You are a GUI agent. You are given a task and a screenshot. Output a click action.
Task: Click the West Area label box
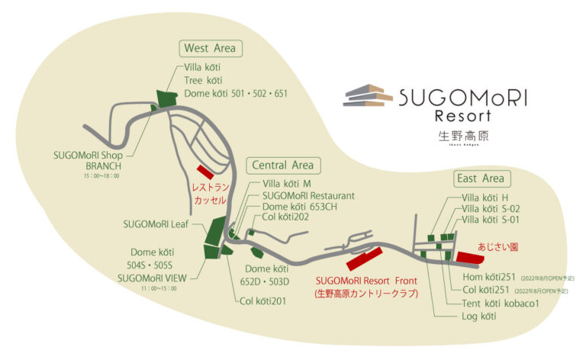point(210,49)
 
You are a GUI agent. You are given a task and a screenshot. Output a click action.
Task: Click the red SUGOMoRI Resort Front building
point(365,259)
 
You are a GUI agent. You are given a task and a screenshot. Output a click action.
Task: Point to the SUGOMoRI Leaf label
point(158,224)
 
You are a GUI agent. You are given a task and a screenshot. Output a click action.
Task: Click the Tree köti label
point(203,80)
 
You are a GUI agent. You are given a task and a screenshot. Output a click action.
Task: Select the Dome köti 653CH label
point(299,207)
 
